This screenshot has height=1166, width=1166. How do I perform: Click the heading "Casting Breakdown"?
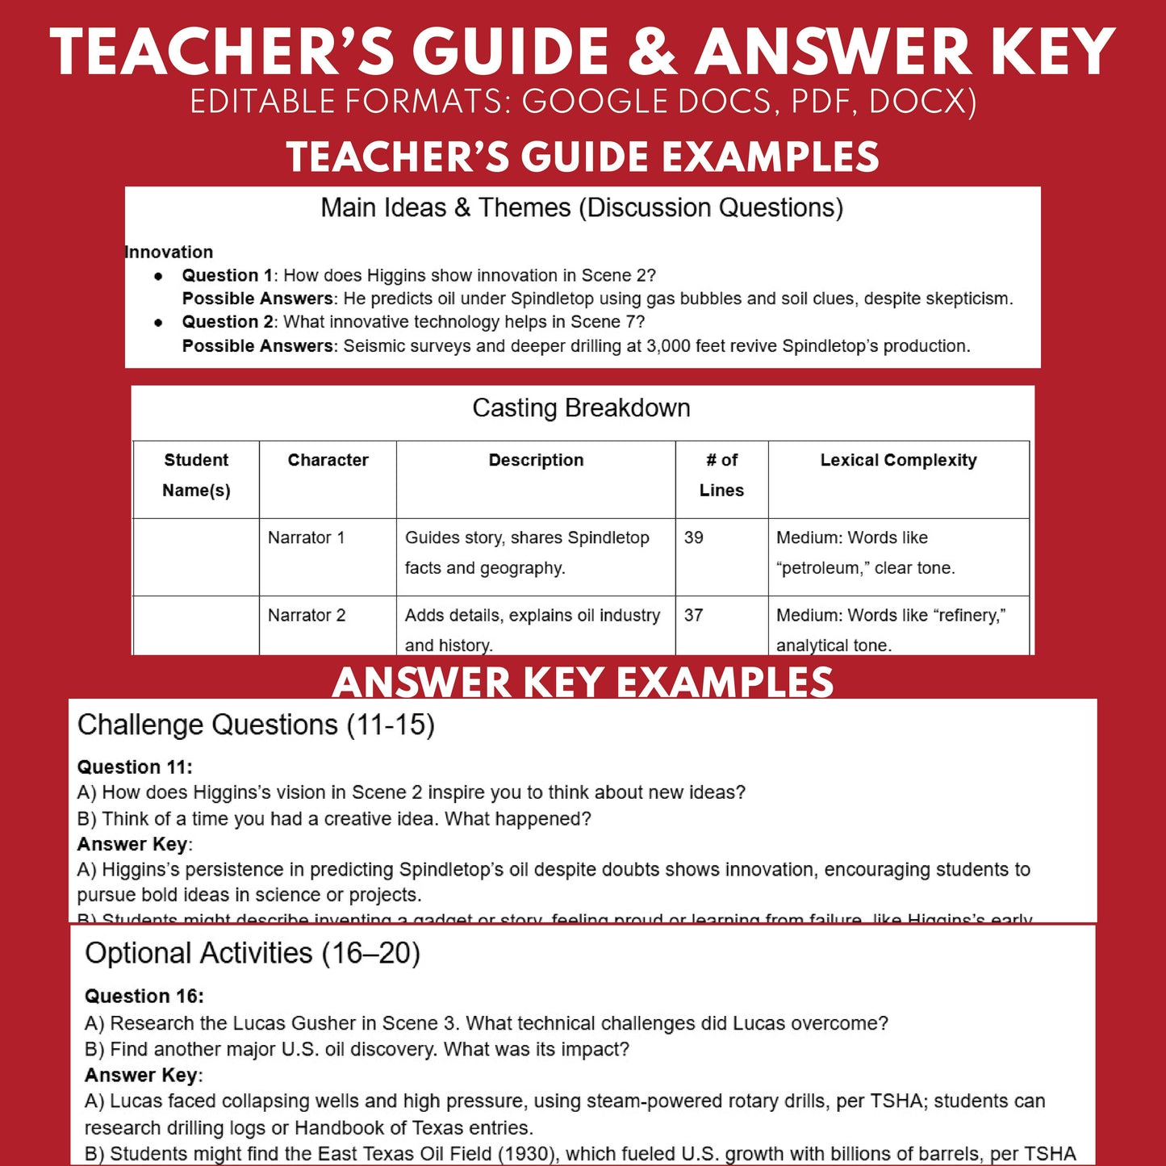(x=581, y=408)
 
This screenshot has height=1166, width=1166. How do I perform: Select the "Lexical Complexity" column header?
(x=898, y=460)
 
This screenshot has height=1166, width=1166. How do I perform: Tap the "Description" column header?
(x=536, y=460)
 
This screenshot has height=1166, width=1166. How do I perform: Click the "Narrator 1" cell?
(x=306, y=537)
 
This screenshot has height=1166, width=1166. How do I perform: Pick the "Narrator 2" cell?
(x=307, y=615)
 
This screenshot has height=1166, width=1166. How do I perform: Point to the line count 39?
(x=693, y=537)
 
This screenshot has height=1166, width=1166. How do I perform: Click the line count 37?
(x=693, y=615)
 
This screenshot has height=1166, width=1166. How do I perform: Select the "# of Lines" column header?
(x=721, y=475)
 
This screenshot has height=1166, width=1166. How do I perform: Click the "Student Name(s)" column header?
(x=196, y=475)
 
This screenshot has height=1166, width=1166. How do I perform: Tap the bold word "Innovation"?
(x=169, y=252)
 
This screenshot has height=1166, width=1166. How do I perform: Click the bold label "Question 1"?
(x=227, y=275)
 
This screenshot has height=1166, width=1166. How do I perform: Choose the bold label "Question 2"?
(x=227, y=322)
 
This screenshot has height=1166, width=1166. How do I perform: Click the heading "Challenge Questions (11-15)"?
(x=256, y=725)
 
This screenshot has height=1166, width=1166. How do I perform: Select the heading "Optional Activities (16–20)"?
(x=253, y=953)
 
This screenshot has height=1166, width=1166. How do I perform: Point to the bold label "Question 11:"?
(x=135, y=767)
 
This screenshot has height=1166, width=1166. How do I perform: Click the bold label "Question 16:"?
(x=144, y=996)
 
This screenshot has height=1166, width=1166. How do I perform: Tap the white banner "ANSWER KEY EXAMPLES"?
(x=583, y=682)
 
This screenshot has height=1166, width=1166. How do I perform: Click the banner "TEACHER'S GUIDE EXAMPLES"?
(x=583, y=157)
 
